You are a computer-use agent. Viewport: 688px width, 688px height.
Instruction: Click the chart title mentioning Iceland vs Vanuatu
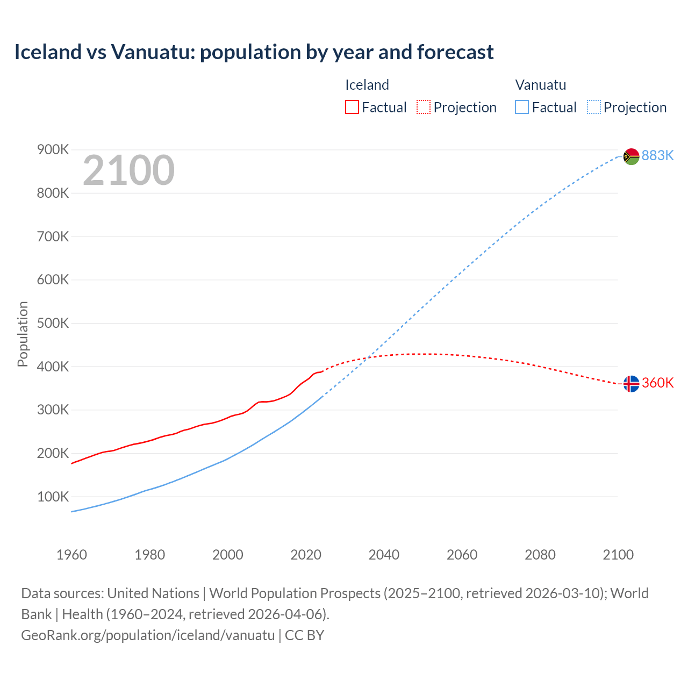point(254,52)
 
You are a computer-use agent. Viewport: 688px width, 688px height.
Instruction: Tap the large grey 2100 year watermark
point(128,170)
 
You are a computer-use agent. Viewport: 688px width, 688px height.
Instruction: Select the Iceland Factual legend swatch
point(352,107)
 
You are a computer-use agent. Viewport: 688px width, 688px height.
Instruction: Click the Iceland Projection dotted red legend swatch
point(424,107)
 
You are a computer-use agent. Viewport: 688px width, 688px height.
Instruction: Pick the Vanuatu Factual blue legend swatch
point(521,107)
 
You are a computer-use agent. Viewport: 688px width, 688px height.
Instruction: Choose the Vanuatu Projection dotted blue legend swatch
point(594,107)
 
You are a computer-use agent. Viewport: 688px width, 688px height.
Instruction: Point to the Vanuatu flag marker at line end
point(631,156)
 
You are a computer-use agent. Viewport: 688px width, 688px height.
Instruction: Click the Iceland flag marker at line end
point(631,384)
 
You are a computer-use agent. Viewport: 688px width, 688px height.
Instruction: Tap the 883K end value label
point(657,155)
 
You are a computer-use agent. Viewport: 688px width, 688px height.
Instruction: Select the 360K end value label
point(657,383)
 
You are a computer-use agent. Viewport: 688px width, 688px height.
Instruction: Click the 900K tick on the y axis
point(53,149)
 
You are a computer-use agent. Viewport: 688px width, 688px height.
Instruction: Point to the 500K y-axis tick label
point(53,323)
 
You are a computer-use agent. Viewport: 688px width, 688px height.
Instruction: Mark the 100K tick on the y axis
point(53,497)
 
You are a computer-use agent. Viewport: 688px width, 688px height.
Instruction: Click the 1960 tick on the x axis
point(71,555)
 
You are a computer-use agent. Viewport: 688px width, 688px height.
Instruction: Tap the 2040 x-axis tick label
point(384,555)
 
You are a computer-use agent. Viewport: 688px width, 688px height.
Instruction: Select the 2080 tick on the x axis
point(540,555)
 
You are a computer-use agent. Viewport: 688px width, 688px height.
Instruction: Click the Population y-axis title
point(23,334)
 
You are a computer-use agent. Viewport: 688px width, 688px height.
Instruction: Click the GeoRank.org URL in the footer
point(148,635)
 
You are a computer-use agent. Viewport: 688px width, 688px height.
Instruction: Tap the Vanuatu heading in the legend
point(540,85)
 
